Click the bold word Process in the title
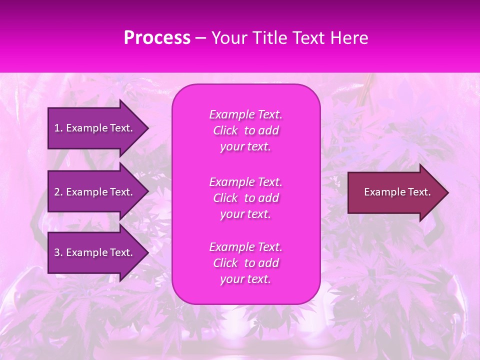[x=157, y=38]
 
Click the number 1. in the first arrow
[x=58, y=128]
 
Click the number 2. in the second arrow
[x=58, y=192]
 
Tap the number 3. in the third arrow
[x=58, y=252]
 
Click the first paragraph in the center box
[x=245, y=130]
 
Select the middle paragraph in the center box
[x=245, y=198]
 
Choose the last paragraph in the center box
[x=245, y=263]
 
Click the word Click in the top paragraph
[x=225, y=131]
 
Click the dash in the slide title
[x=200, y=38]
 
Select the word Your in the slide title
[x=228, y=38]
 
